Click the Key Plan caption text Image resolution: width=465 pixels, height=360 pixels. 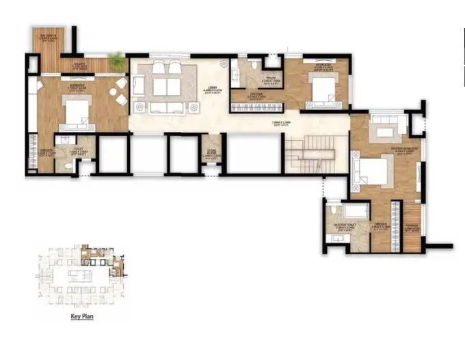pos(81,317)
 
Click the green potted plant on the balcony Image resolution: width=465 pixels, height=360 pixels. pos(118,61)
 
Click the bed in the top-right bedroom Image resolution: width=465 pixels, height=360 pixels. pos(320,92)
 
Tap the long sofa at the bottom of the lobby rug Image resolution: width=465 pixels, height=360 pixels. pos(165,107)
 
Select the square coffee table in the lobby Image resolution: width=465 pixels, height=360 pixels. pos(165,86)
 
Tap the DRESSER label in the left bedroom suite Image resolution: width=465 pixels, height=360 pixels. pos(46,153)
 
